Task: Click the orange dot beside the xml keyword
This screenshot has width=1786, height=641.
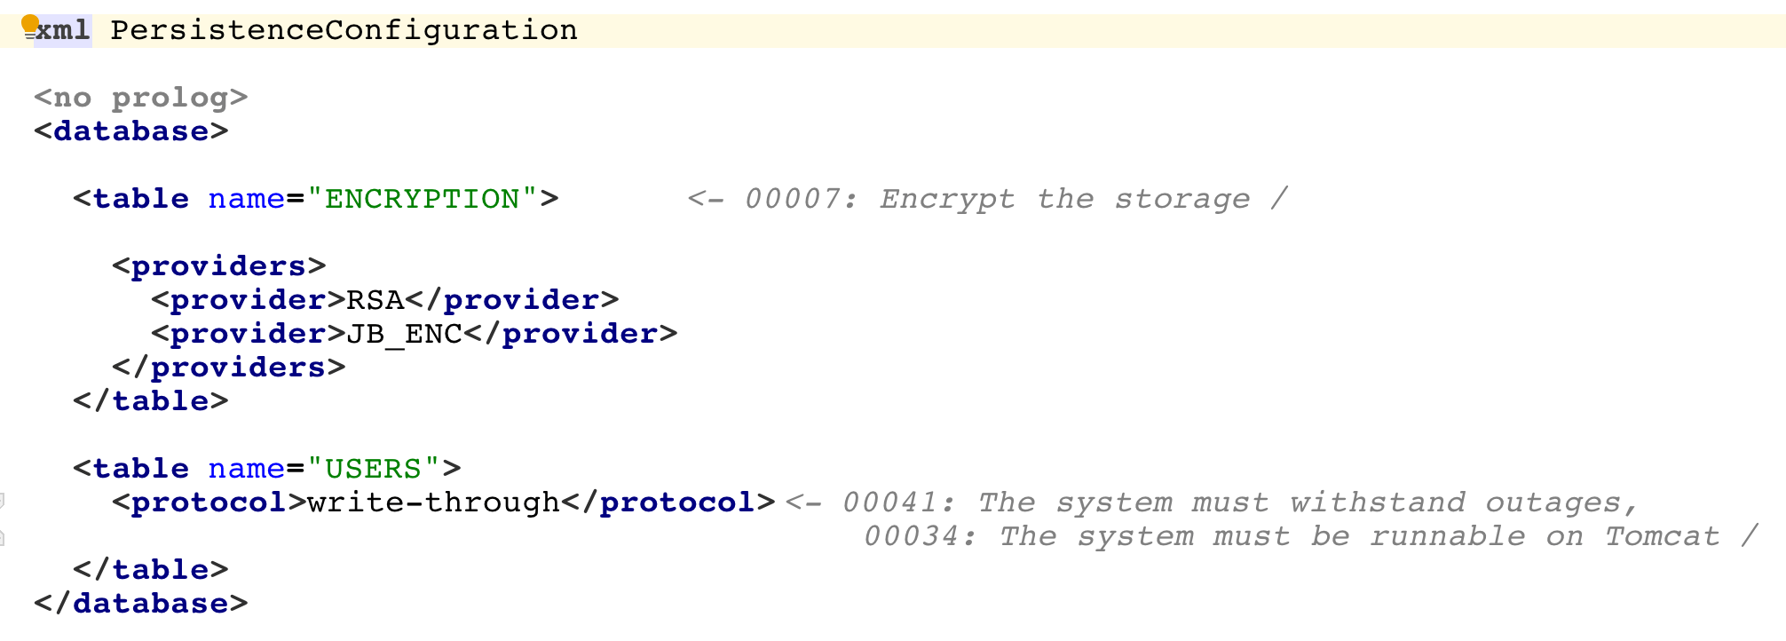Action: coord(30,23)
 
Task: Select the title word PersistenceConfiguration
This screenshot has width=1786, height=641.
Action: coord(344,30)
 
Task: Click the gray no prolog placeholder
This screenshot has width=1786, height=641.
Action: coord(140,97)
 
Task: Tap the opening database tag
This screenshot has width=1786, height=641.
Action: coord(131,131)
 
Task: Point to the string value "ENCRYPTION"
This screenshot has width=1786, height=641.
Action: coord(422,199)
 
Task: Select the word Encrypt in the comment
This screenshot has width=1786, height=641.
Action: coord(947,199)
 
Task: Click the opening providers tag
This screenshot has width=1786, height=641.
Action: coord(219,266)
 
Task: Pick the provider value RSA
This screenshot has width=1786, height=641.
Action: coord(375,300)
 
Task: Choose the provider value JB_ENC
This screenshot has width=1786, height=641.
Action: coord(404,334)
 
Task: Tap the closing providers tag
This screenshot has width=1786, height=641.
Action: coord(229,368)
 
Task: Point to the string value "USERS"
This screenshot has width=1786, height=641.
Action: coord(373,469)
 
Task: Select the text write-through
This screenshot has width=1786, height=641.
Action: coord(433,503)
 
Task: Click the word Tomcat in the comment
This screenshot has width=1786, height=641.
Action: coord(1662,536)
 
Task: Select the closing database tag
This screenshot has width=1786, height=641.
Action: coord(141,604)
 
